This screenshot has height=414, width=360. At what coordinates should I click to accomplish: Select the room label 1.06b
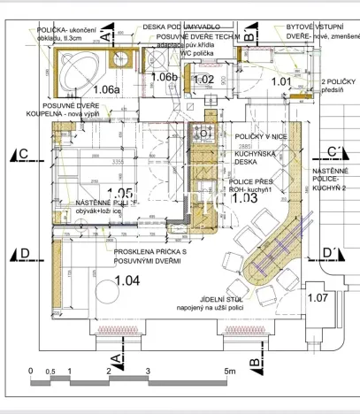[x=164, y=78]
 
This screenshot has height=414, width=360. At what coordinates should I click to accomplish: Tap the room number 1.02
[x=203, y=80]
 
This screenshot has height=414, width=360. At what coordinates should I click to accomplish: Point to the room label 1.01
[x=280, y=81]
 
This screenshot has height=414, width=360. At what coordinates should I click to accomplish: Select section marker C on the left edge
[x=24, y=154]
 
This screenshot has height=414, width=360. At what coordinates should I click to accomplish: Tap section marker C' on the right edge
[x=336, y=151]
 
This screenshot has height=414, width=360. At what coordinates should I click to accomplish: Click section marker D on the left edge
[x=24, y=255]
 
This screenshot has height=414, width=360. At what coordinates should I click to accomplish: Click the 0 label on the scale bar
[x=31, y=371]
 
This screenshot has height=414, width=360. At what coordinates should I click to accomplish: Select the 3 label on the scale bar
[x=149, y=371]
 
